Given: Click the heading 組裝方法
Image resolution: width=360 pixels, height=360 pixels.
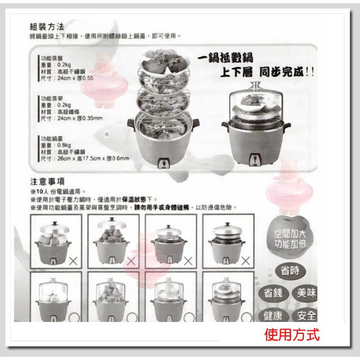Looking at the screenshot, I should tap(47, 26).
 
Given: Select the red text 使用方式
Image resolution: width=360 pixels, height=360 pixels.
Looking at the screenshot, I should tap(291, 335).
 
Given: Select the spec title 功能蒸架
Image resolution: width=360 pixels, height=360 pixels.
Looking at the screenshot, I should tap(53, 99).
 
